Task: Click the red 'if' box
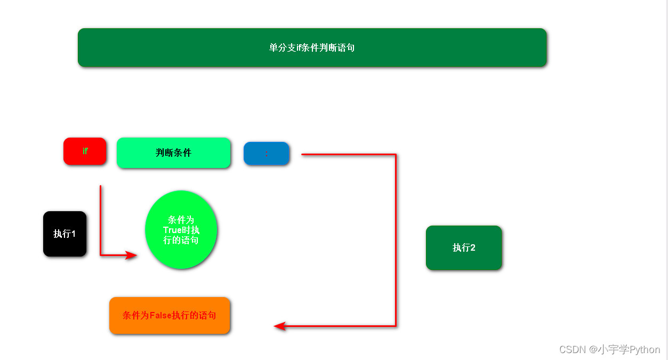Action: click(x=85, y=151)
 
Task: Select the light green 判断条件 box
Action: click(x=173, y=153)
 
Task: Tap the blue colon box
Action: click(x=266, y=154)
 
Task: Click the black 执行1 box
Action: click(x=65, y=234)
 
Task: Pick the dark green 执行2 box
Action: click(x=463, y=247)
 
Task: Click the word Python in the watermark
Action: click(x=645, y=350)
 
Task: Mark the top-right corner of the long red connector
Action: click(x=396, y=155)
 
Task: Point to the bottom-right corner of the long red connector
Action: click(x=396, y=326)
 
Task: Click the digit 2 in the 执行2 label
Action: click(x=472, y=247)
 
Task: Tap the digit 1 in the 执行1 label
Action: click(x=73, y=234)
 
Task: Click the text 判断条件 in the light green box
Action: click(x=173, y=153)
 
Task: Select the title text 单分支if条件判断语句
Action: click(x=312, y=47)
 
